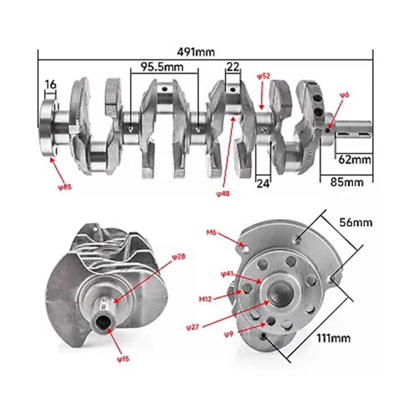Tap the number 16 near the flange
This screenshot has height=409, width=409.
[x=50, y=85]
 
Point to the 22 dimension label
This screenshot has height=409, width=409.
[x=233, y=67]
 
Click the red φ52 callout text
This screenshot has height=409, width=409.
[x=263, y=76]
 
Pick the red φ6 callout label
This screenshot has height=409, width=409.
[x=344, y=95]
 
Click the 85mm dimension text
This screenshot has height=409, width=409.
[x=347, y=182]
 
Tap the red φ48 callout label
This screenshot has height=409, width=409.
[x=223, y=193]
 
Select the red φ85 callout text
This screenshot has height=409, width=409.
[x=65, y=187]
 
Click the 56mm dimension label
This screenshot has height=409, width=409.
[x=356, y=222]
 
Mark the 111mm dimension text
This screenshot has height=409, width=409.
[x=333, y=338]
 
